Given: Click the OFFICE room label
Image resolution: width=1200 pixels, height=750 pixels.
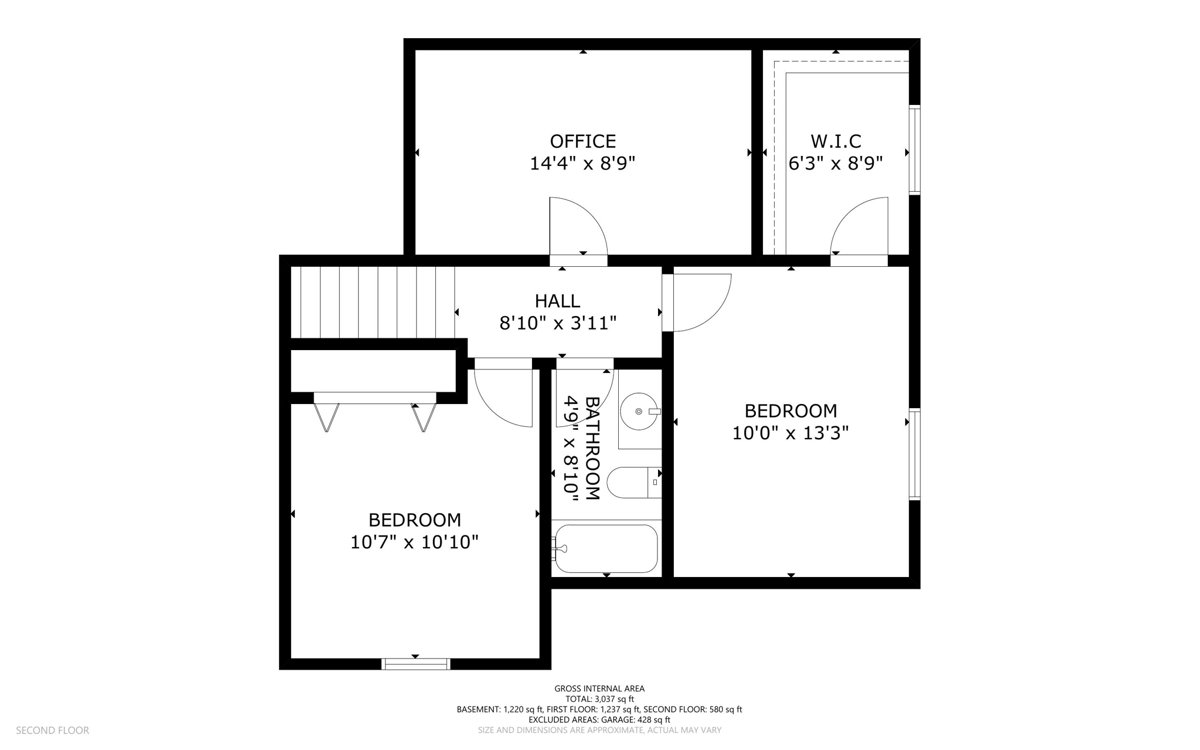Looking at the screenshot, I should coord(582,141).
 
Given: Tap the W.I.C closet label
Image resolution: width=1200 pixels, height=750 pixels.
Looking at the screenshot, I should coord(836,141).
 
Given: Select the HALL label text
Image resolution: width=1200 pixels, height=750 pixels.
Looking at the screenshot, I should coord(557,301).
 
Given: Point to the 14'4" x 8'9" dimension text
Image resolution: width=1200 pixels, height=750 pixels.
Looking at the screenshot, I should coord(582,164).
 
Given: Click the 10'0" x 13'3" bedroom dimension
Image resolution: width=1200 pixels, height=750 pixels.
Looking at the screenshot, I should coord(790,433).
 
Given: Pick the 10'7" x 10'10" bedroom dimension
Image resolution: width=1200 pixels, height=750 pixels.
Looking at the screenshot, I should coord(414,542).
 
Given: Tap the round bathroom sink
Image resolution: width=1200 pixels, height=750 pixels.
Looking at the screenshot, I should coord(639,412).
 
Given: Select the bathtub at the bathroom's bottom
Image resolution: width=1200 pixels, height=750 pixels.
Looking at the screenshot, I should coord(606,548).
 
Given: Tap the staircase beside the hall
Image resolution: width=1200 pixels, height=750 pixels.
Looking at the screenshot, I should coord(373,302).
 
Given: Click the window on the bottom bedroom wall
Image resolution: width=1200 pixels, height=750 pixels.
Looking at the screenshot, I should coord(415,664).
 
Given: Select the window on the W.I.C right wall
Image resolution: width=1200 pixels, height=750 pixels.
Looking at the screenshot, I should coord(914,150).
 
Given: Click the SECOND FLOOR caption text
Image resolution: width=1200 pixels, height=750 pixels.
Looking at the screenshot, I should coord(52,731).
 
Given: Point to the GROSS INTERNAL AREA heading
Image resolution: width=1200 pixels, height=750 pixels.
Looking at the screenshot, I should coord(599,688).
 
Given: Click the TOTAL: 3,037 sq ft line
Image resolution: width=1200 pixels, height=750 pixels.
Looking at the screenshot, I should coord(599,699).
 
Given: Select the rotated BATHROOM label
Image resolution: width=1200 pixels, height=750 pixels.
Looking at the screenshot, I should coord(592,449).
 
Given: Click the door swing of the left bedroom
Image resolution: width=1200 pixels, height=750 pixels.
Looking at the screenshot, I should coord(504,396).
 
